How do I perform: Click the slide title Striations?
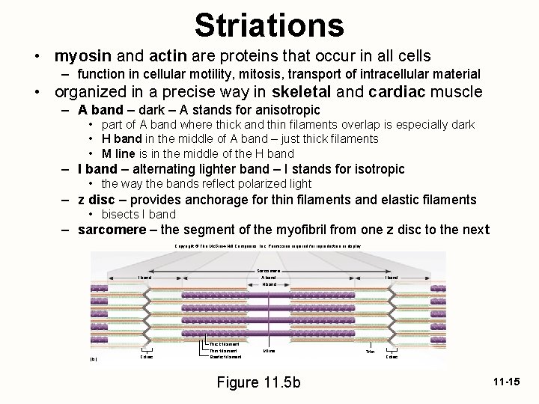(x=269, y=24)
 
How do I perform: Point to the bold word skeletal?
(x=303, y=92)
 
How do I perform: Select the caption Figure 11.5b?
(x=258, y=382)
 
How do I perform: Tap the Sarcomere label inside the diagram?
(x=269, y=270)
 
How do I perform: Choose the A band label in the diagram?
(x=269, y=278)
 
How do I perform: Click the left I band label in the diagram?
(x=144, y=278)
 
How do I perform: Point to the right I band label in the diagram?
(x=392, y=278)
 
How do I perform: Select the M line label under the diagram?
(x=269, y=350)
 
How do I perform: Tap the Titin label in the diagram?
(x=370, y=351)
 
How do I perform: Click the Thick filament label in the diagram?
(x=224, y=344)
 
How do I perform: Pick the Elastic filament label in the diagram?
(x=225, y=357)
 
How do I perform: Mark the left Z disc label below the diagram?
(x=147, y=357)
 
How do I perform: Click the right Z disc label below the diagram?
(x=392, y=357)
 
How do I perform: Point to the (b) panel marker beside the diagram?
(x=94, y=358)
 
